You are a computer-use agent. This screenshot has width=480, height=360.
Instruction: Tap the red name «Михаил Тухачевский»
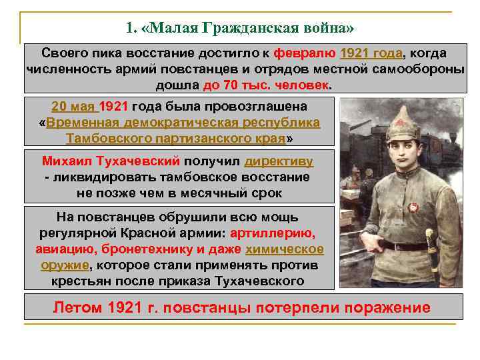pyautogui.click(x=111, y=161)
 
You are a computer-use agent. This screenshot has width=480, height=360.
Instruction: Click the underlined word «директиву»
pyautogui.click(x=279, y=161)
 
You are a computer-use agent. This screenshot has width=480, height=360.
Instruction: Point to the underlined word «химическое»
pyautogui.click(x=285, y=249)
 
